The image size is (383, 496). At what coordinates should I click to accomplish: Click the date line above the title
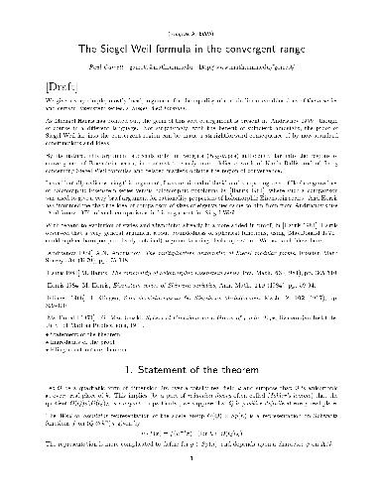191,11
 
